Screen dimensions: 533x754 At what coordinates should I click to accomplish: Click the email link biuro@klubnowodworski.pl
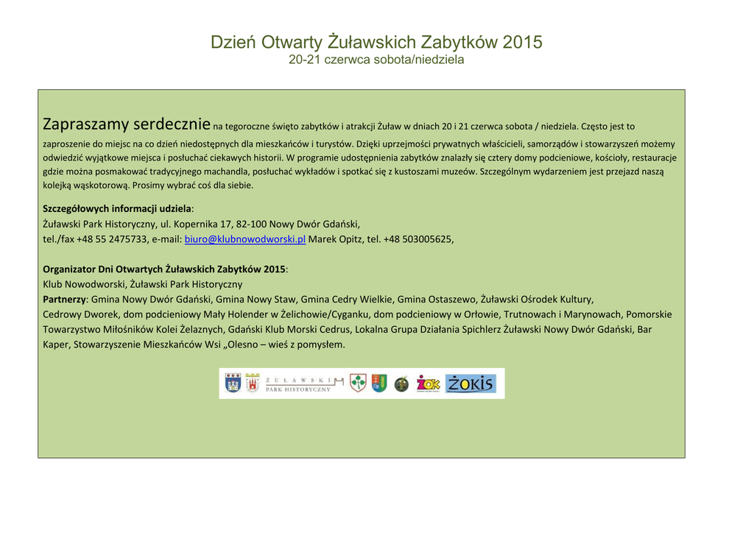pos(244,239)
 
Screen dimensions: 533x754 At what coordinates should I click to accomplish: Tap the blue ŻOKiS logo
pos(471,384)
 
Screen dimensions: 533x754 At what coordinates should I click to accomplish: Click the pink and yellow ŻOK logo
pos(428,384)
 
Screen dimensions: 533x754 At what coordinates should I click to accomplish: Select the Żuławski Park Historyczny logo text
pos(298,384)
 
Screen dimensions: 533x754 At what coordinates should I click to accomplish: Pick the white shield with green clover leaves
pos(358,383)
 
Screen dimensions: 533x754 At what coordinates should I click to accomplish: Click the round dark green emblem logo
pos(401,384)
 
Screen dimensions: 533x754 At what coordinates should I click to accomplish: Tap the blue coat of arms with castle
pos(233,383)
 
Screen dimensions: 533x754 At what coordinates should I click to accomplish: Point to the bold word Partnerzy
pos(65,300)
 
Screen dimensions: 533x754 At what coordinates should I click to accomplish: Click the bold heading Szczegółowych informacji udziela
pos(117,209)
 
